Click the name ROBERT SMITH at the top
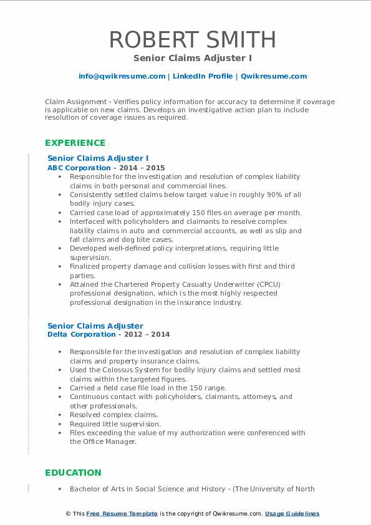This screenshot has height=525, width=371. point(193,39)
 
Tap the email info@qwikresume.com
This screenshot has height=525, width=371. point(122,76)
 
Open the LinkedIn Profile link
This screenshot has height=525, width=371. point(203,76)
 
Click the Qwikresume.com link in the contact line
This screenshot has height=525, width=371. point(274,76)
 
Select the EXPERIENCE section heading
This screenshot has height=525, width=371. point(75,143)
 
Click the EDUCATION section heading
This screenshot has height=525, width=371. point(74,473)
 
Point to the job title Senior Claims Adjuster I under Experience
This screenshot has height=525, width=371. point(98,158)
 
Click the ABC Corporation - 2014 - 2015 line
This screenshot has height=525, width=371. point(106,168)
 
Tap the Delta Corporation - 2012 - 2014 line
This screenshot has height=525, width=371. point(108,334)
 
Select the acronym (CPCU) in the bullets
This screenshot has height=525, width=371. point(272,284)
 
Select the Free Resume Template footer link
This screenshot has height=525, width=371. point(122,514)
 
